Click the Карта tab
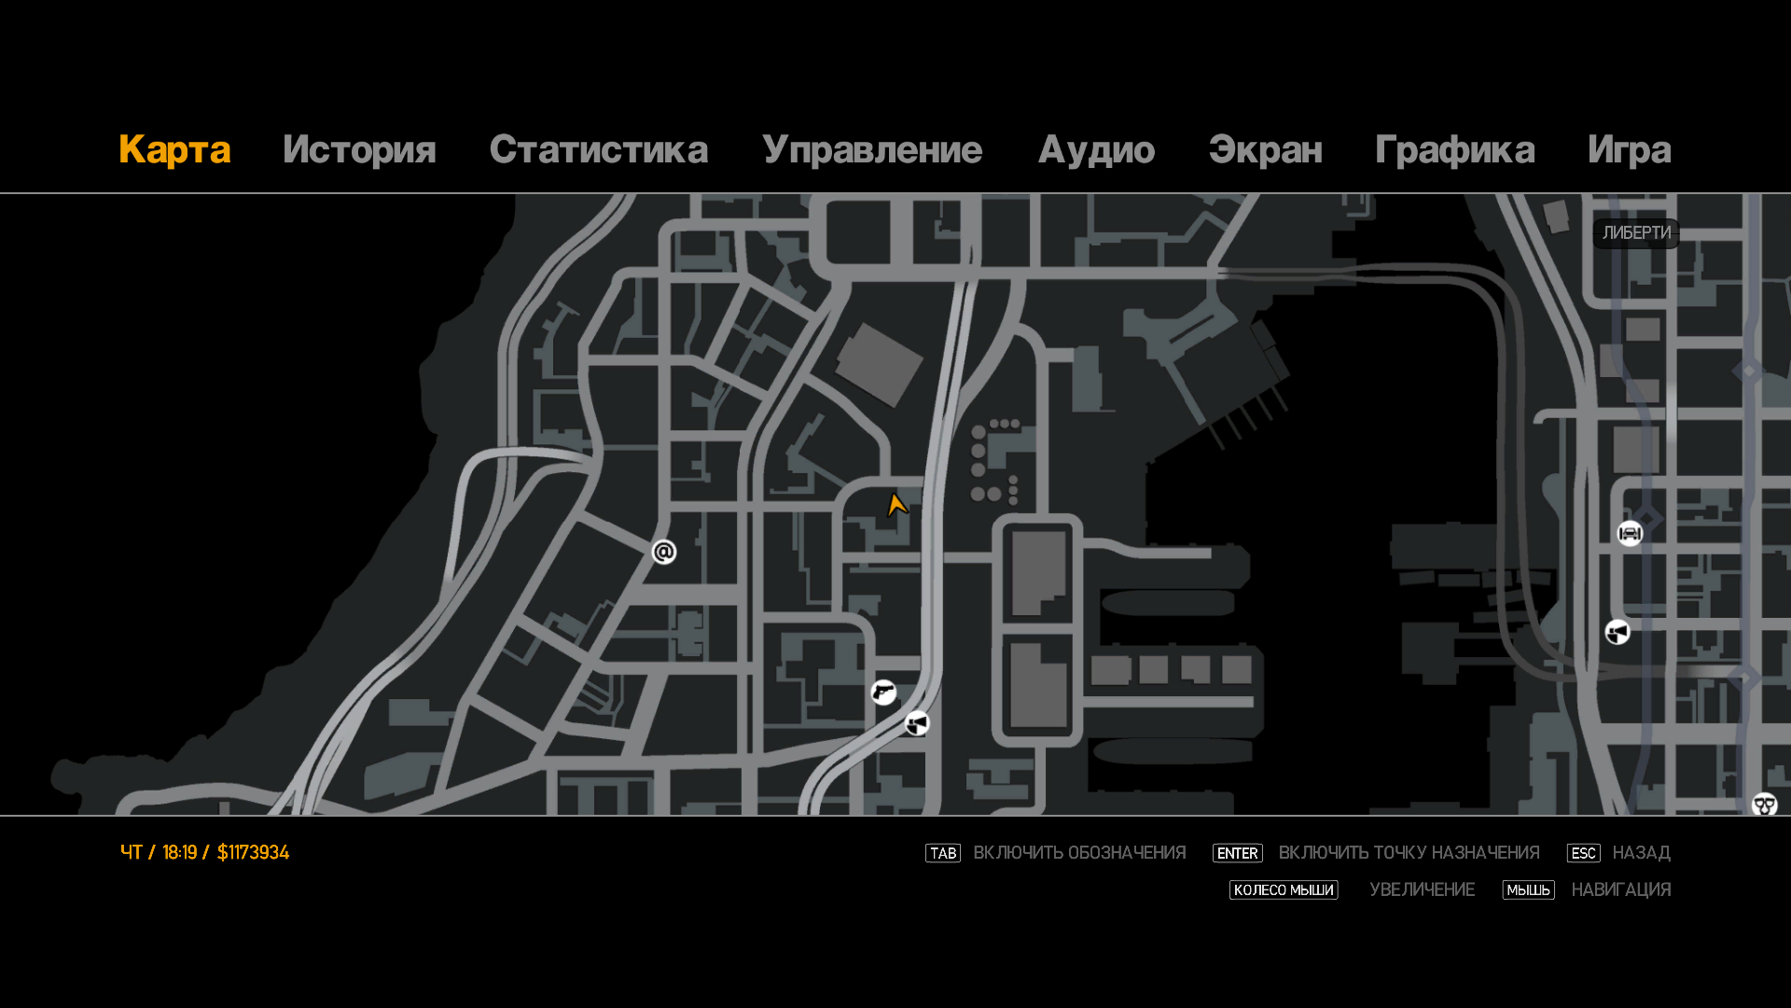pos(174,150)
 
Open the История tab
pos(359,150)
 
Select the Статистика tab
pos(598,150)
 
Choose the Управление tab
pos(872,150)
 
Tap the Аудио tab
pos(1096,150)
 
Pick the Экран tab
pos(1265,150)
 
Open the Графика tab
pos(1454,150)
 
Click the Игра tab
pos(1629,150)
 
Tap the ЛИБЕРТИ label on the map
pos(1636,233)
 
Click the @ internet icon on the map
pos(664,553)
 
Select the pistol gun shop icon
pos(883,692)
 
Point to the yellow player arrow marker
pos(896,506)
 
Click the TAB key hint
pos(942,853)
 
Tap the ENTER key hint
pos(1237,853)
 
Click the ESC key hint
pos(1583,853)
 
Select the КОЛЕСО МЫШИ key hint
pos(1284,890)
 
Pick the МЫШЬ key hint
pos(1528,890)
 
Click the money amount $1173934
pos(253,853)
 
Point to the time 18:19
pos(179,853)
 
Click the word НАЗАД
pos(1641,853)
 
